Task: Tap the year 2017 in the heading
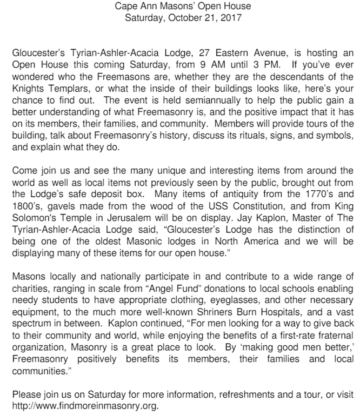click(227, 17)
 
